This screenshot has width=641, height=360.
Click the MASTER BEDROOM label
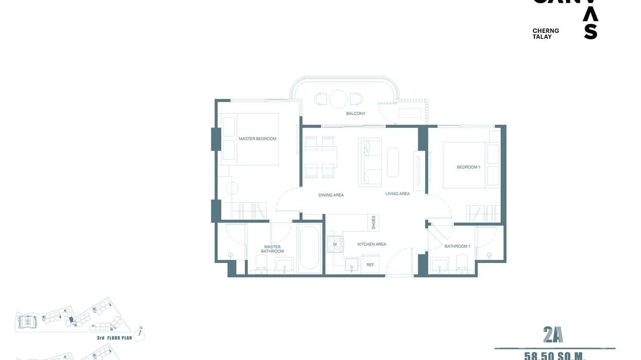point(257,139)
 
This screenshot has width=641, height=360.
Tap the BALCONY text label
point(355,114)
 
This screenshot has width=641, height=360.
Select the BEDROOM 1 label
point(468,167)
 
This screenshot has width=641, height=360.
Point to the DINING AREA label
point(331,195)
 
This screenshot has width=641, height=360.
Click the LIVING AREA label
point(397,194)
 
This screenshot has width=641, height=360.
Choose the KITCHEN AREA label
point(372,244)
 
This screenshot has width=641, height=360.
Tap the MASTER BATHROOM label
point(273,249)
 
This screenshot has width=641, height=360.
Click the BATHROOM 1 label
point(457,246)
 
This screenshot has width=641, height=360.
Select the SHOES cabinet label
point(374,222)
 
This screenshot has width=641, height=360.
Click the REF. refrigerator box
point(371,265)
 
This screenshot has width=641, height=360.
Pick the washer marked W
point(335,244)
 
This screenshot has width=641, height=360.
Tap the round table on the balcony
point(338,99)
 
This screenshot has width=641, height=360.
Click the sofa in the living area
point(370,162)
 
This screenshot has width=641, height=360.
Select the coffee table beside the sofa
point(393,162)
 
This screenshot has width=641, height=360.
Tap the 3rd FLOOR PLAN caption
point(114,338)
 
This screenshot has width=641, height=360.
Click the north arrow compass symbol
point(140,334)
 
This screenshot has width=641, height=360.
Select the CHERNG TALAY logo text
point(545,33)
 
